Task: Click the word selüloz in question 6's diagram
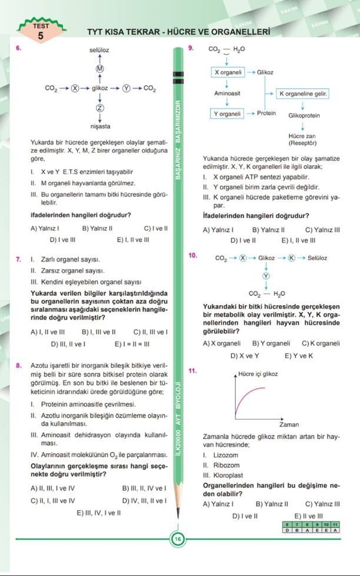tap(99, 51)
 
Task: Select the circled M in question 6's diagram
tap(99, 69)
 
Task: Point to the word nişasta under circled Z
tap(99, 126)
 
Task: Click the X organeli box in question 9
tap(228, 72)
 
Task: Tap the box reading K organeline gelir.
tap(302, 93)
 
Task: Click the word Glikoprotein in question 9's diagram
tap(303, 115)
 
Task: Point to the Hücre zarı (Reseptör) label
tap(303, 139)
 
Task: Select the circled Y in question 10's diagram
tap(266, 276)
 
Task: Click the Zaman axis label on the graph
tap(289, 424)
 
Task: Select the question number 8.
tap(19, 366)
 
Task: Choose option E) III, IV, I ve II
tap(99, 513)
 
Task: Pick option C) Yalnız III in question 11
tap(322, 504)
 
